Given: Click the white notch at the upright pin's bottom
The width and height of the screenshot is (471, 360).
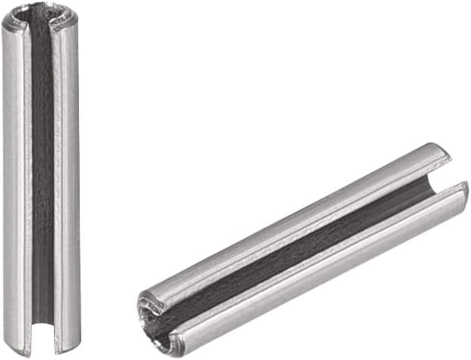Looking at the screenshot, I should [43, 341].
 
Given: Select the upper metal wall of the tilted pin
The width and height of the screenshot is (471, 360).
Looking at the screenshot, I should [289, 220].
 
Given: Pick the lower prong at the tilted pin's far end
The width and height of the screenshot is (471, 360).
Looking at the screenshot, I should [460, 194].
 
